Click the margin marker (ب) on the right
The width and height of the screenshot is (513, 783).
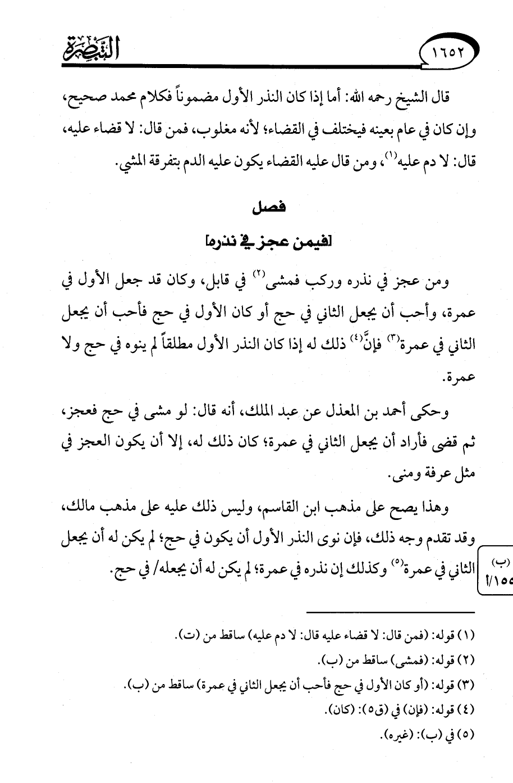point(497,562)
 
